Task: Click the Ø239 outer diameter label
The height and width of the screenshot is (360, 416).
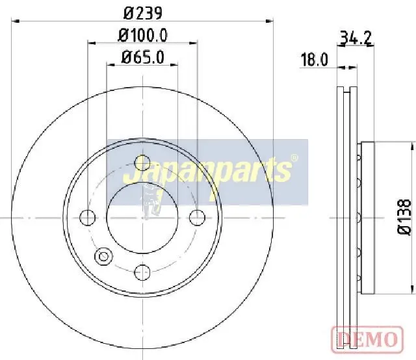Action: pyautogui.click(x=142, y=12)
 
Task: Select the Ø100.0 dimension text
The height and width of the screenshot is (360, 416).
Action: pyautogui.click(x=142, y=35)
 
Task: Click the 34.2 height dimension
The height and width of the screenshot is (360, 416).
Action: pyautogui.click(x=355, y=38)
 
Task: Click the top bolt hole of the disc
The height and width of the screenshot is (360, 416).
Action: pyautogui.click(x=142, y=163)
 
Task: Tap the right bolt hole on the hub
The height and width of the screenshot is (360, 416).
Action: pyautogui.click(x=197, y=218)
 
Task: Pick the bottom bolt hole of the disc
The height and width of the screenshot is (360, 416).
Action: pyautogui.click(x=142, y=272)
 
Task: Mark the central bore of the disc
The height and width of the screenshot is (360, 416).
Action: pyautogui.click(x=142, y=218)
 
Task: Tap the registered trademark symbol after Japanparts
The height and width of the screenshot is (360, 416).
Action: pyautogui.click(x=294, y=158)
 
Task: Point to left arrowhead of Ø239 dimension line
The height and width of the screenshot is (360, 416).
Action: pyautogui.click(x=16, y=21)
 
